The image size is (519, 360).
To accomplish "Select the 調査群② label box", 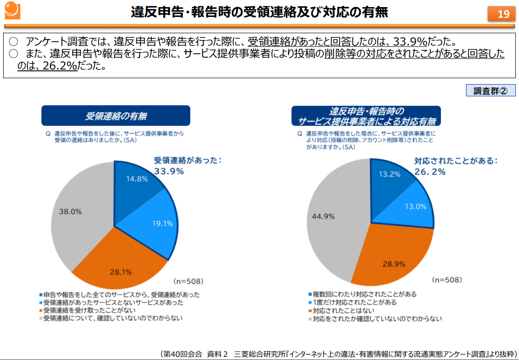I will (x=490, y=90).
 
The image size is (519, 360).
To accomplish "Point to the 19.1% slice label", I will (x=162, y=224).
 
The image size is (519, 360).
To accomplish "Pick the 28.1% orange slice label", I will (x=120, y=272).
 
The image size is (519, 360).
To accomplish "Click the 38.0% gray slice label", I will (x=70, y=212).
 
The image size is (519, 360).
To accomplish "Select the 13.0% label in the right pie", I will (x=416, y=206).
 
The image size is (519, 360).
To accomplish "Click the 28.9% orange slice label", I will (x=394, y=264).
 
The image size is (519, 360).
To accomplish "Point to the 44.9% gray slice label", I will (x=323, y=217).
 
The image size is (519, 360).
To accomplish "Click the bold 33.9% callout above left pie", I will (x=169, y=172).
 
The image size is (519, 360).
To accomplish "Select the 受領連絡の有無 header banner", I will (x=116, y=116).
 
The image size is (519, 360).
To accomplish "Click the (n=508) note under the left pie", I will (x=188, y=281).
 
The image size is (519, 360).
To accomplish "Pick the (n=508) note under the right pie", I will (x=447, y=280).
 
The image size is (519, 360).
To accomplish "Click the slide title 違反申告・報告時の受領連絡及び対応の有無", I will (x=259, y=12).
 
